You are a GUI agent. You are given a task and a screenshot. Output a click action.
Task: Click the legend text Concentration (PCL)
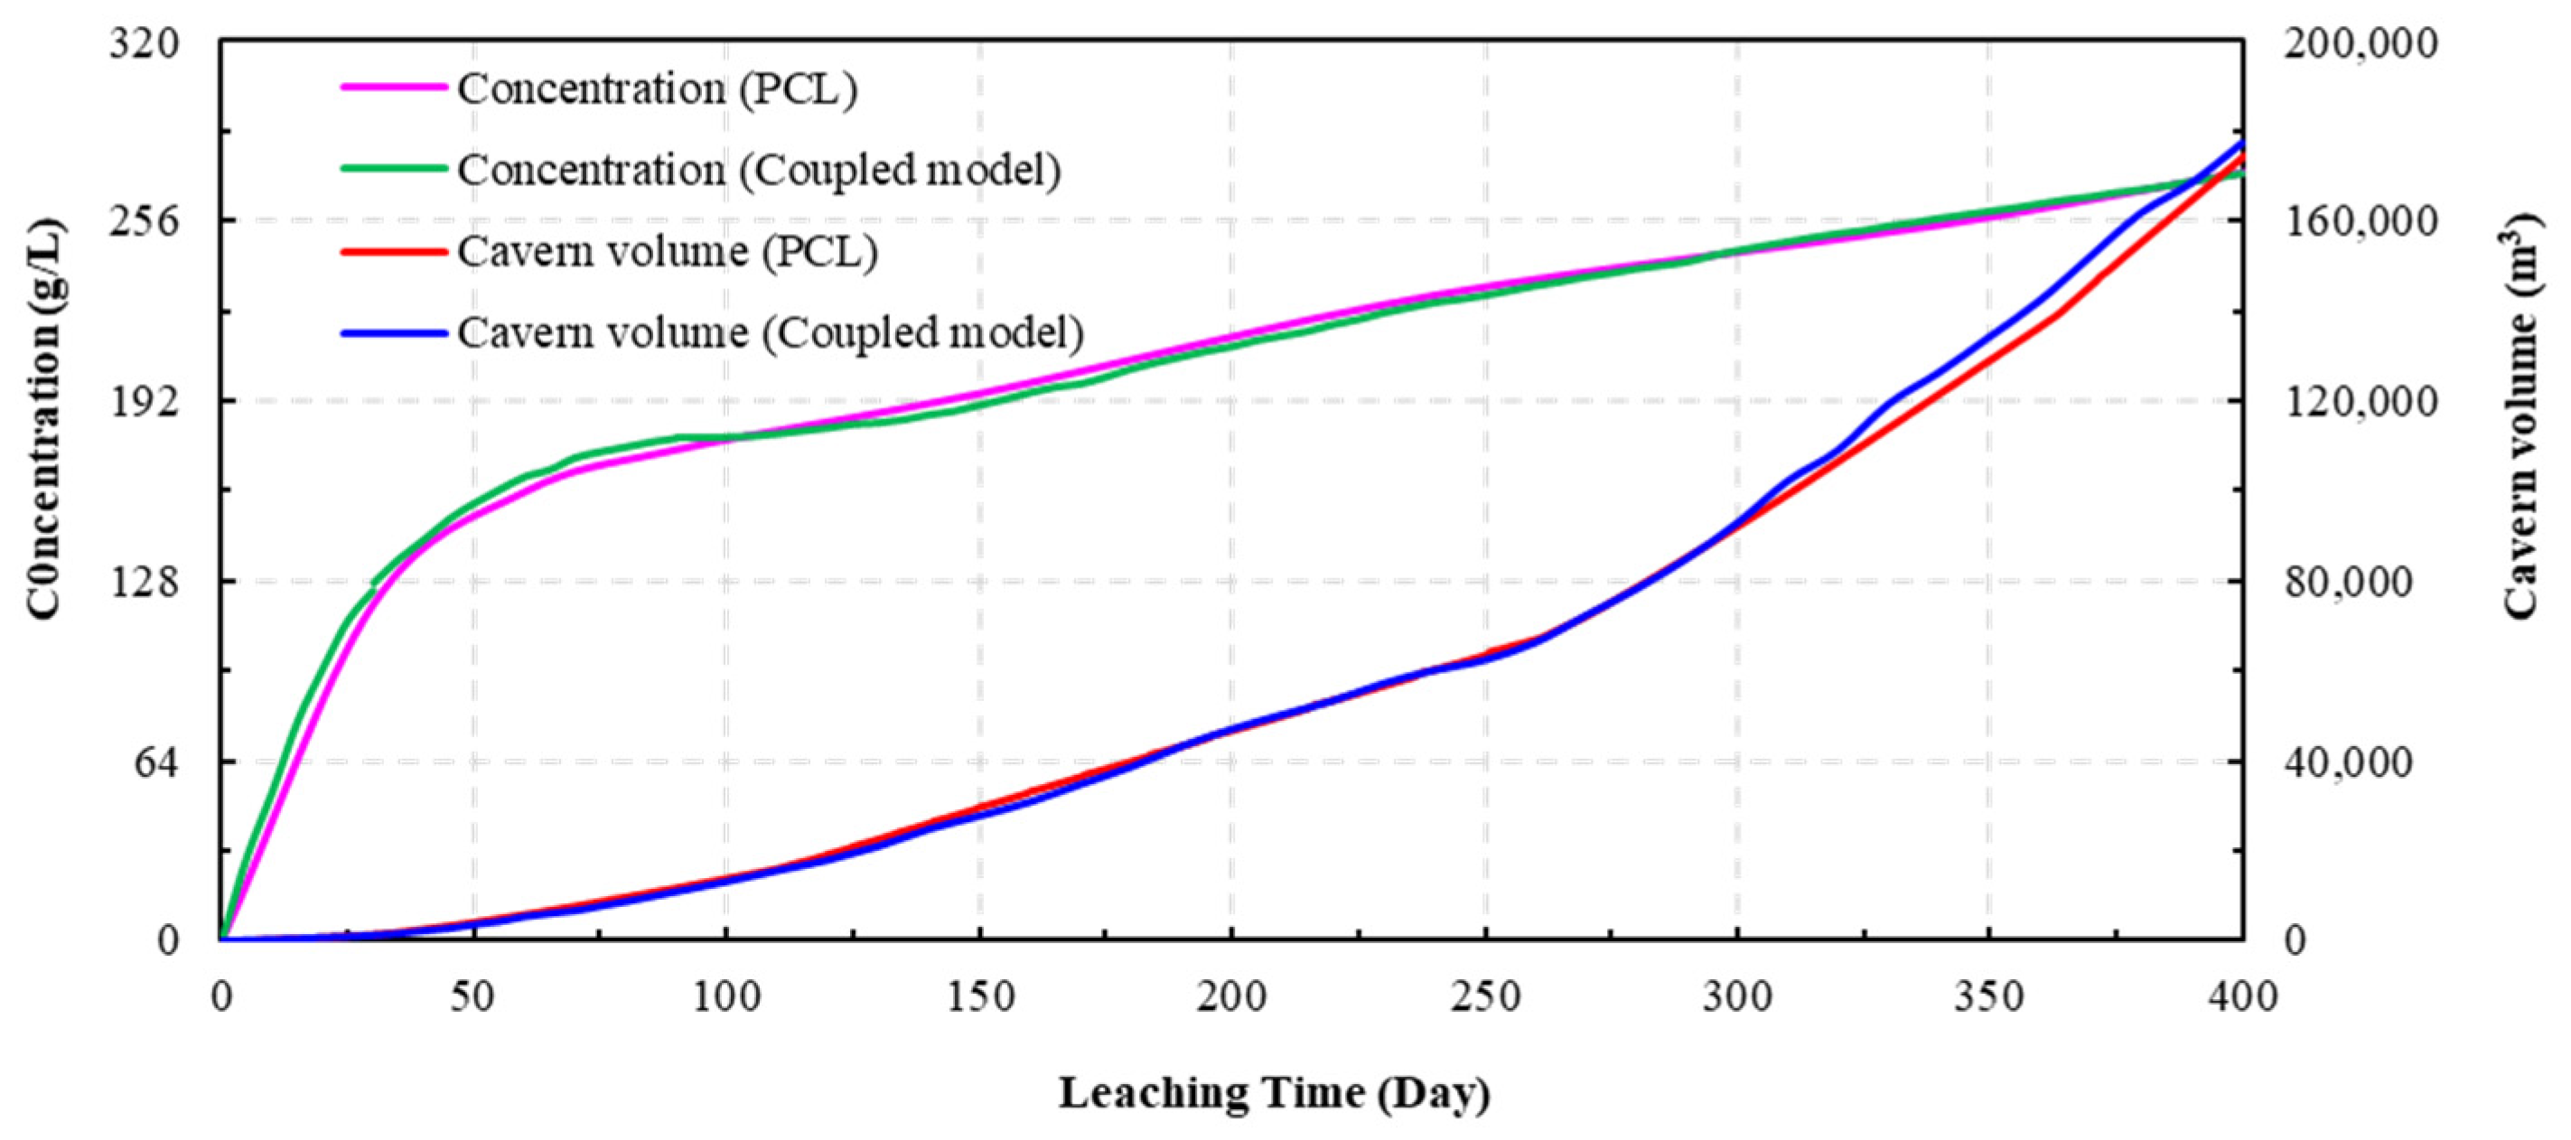pos(657,89)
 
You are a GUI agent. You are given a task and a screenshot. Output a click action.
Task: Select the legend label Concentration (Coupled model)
pos(759,170)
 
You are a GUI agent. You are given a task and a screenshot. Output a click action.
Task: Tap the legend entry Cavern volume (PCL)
pos(667,250)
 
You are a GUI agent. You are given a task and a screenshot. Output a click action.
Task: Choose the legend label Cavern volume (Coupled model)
pos(770,332)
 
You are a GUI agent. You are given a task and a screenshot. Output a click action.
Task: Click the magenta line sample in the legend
pos(393,87)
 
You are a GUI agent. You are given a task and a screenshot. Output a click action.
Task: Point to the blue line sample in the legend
pos(393,332)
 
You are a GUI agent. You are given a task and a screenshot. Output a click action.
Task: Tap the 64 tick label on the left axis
pos(160,762)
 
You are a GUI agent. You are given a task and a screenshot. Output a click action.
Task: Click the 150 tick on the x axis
pos(980,996)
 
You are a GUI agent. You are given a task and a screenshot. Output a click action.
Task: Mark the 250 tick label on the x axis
pos(1486,996)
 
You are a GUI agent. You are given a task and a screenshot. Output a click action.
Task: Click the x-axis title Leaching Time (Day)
pos(1275,1093)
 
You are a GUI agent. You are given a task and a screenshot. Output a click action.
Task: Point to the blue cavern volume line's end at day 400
pos(2241,144)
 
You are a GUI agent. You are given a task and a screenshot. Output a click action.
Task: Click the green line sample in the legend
pos(393,168)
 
